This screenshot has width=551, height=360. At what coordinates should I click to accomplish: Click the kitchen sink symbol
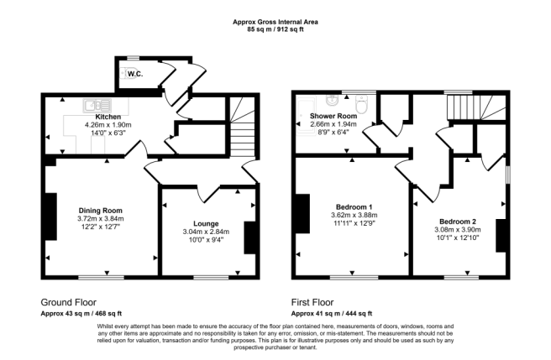coord(92,105)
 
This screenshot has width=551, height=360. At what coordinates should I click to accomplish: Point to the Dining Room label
coord(101,211)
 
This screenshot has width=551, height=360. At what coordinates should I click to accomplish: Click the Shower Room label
coord(333,116)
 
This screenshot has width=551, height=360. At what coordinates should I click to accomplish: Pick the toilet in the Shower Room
coord(362,106)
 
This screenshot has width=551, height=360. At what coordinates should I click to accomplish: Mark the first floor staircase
coord(463,107)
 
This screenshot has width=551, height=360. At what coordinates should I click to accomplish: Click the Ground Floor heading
coord(68,302)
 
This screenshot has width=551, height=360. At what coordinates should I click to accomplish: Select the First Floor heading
coord(314,302)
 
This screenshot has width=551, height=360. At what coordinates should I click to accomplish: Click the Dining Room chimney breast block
coord(50,213)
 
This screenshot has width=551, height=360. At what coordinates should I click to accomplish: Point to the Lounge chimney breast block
coord(249,237)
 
